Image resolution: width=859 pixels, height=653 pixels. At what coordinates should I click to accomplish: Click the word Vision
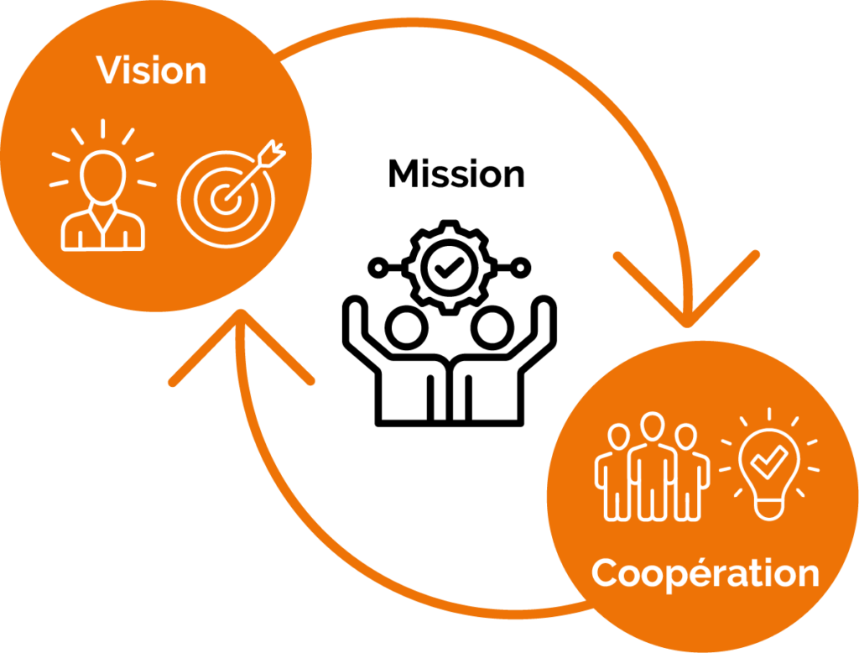coord(152,71)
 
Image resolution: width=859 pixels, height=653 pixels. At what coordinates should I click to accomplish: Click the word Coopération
coord(705,574)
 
